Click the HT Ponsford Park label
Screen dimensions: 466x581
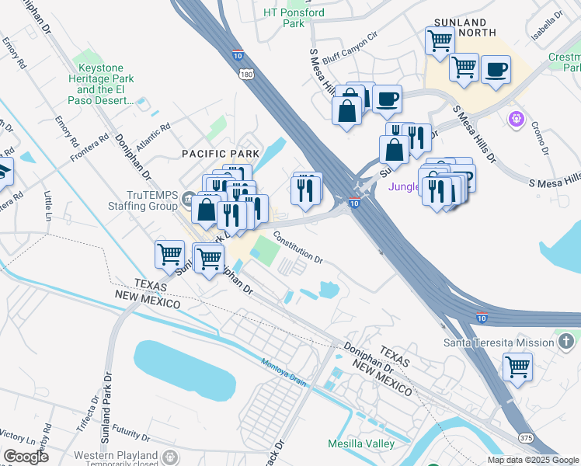point(294,18)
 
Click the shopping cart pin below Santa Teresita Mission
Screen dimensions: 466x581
point(517,367)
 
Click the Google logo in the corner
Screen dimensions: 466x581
point(26,457)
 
